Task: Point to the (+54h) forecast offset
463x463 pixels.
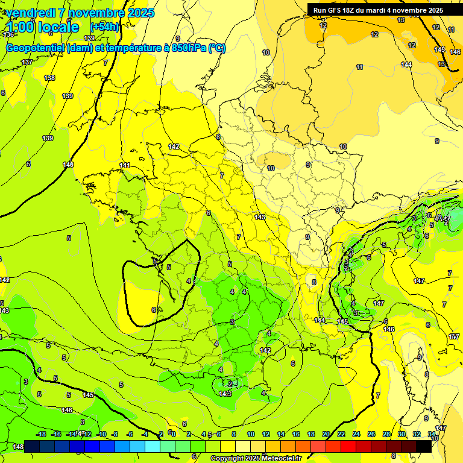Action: tap(104, 27)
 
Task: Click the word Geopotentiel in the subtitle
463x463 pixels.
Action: tap(34, 48)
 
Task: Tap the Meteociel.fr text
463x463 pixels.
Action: tap(281, 459)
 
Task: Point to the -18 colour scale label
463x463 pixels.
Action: tap(41, 434)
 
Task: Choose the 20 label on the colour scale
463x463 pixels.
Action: tap(326, 434)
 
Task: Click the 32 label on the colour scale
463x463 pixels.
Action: tap(417, 434)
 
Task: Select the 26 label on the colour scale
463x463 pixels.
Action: tap(371, 434)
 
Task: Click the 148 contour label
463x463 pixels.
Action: tap(18, 446)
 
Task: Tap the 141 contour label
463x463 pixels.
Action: tap(125, 165)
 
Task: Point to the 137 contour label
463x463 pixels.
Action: tap(27, 63)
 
